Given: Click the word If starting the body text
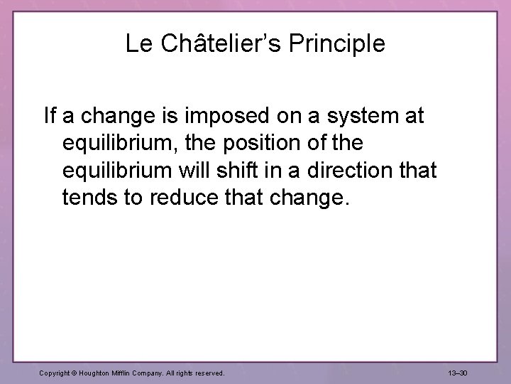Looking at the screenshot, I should (50, 116).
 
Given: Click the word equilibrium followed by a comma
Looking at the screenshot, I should (121, 143).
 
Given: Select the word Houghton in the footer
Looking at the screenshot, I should (97, 372).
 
